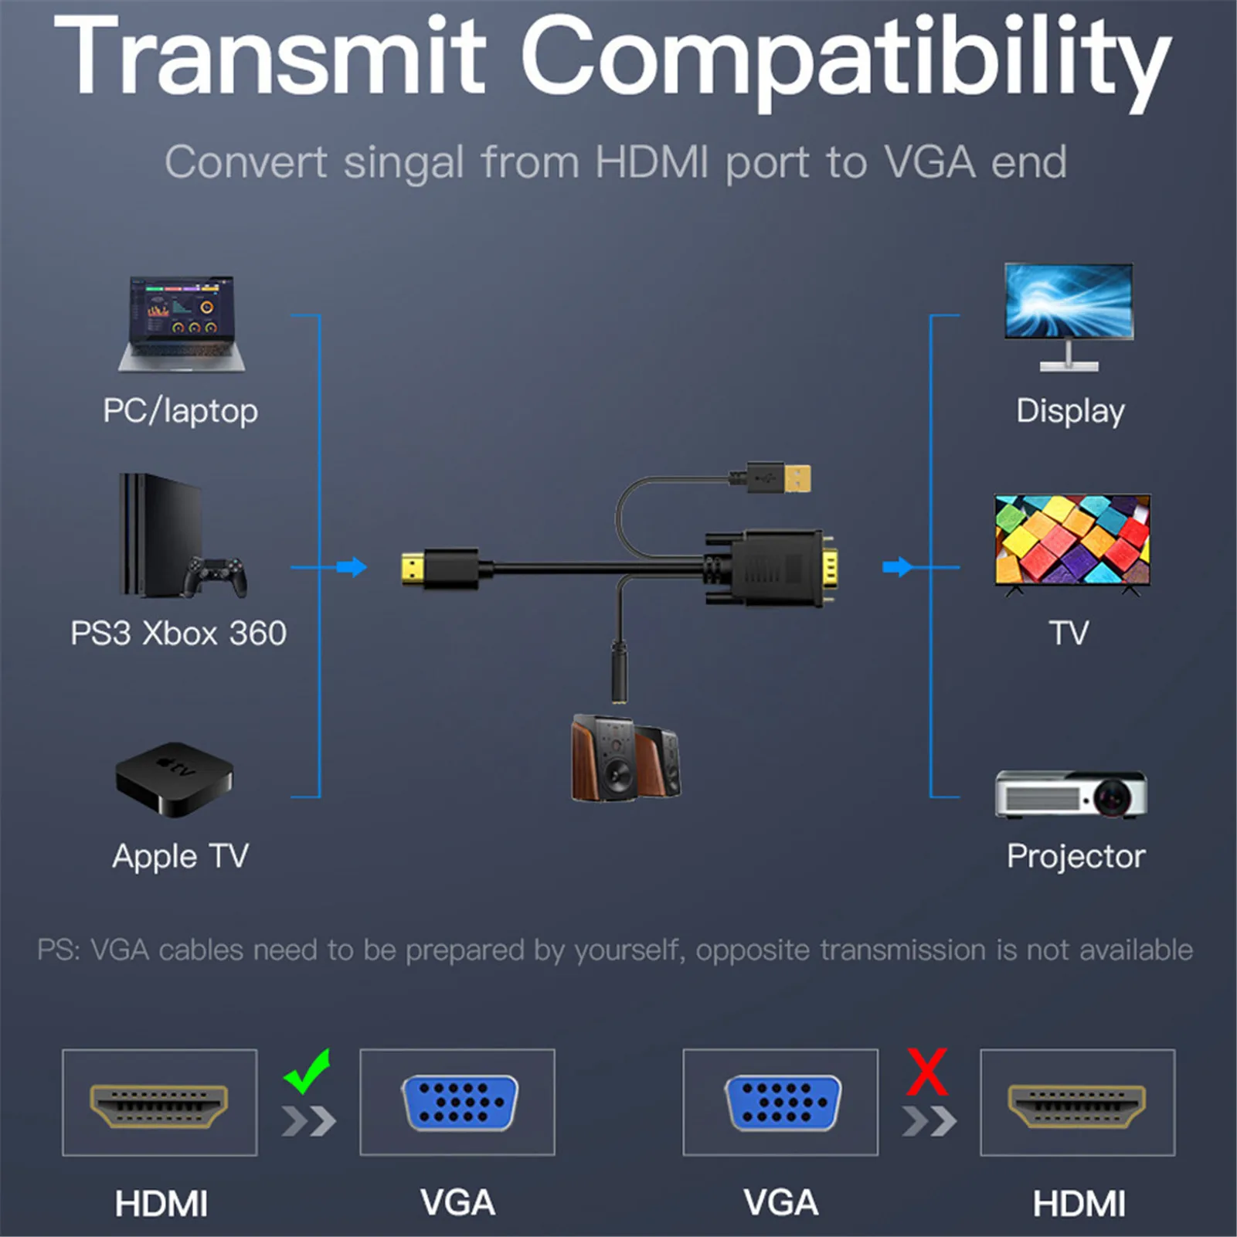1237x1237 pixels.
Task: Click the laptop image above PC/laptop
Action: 182,324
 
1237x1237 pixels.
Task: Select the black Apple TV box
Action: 174,779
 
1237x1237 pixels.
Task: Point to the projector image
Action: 1071,794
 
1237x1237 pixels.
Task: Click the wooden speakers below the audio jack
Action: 626,758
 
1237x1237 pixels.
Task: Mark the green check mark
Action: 308,1070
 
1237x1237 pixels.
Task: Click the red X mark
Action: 927,1071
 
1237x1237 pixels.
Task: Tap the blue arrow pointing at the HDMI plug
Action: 352,567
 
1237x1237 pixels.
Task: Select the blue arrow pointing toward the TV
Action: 897,567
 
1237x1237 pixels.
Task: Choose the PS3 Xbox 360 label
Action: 178,634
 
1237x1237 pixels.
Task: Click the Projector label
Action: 1076,857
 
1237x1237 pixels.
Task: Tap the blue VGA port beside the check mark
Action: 460,1103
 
